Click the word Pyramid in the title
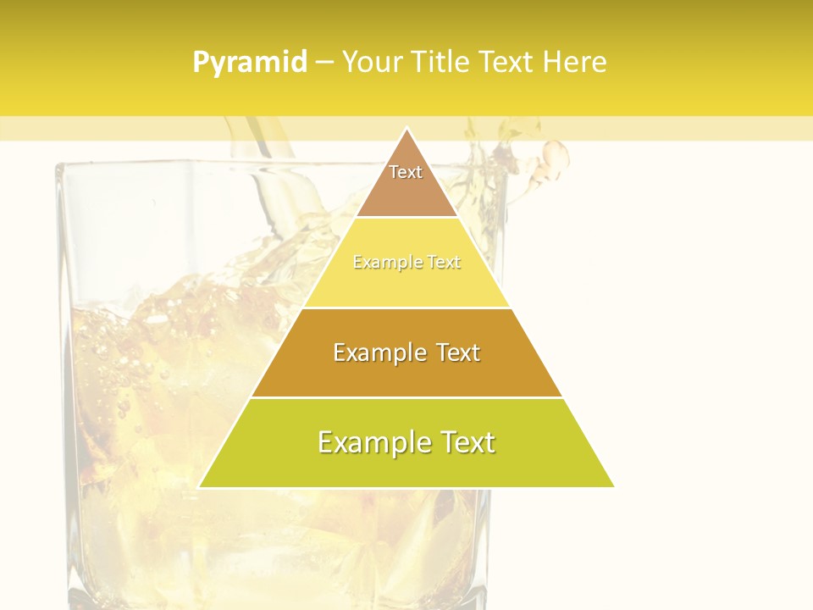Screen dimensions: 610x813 250,63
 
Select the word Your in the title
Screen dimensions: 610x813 370,62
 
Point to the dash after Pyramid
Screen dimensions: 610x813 324,63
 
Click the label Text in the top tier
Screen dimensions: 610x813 406,172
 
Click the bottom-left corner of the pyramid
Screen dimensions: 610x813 200,486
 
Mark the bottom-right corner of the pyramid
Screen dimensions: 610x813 613,486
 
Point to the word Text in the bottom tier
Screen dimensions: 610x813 464,442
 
